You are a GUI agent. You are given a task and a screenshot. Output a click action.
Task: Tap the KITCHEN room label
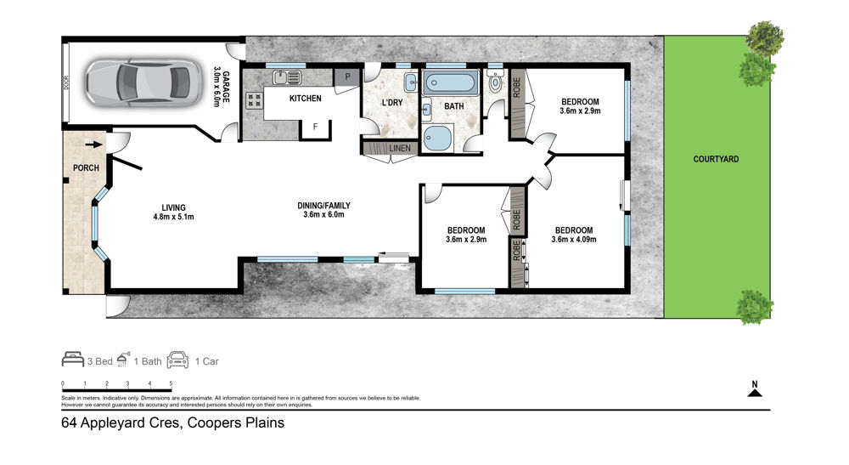click(306, 98)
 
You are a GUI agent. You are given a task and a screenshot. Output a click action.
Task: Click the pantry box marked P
click(347, 77)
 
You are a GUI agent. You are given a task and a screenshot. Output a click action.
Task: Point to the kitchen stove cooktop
click(254, 100)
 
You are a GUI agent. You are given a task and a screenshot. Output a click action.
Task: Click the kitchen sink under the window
click(287, 77)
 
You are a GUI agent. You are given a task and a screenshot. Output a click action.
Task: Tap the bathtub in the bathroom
click(451, 83)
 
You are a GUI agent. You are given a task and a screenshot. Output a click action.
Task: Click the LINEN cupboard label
click(400, 148)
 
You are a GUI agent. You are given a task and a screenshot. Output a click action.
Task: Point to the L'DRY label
click(392, 102)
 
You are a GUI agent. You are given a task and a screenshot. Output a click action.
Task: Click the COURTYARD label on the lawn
click(716, 159)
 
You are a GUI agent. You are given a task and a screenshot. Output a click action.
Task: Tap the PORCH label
click(86, 168)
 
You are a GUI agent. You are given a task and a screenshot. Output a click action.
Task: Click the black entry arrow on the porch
click(93, 145)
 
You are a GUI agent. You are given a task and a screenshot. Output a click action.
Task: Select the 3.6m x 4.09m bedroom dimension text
click(574, 240)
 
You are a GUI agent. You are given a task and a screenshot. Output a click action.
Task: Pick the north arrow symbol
click(755, 389)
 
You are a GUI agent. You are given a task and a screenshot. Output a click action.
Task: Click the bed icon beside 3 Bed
click(72, 360)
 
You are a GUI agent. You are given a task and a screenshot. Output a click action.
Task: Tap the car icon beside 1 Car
click(177, 360)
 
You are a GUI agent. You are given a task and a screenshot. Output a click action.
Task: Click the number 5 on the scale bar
click(171, 383)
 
